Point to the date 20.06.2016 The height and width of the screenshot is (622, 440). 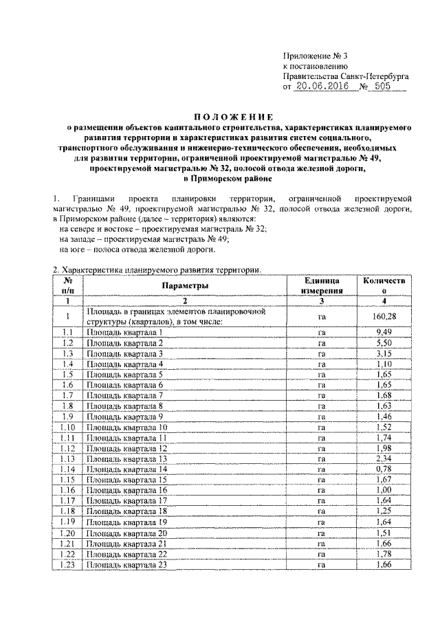tap(321, 88)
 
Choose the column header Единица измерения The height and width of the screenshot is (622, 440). tap(321, 285)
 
